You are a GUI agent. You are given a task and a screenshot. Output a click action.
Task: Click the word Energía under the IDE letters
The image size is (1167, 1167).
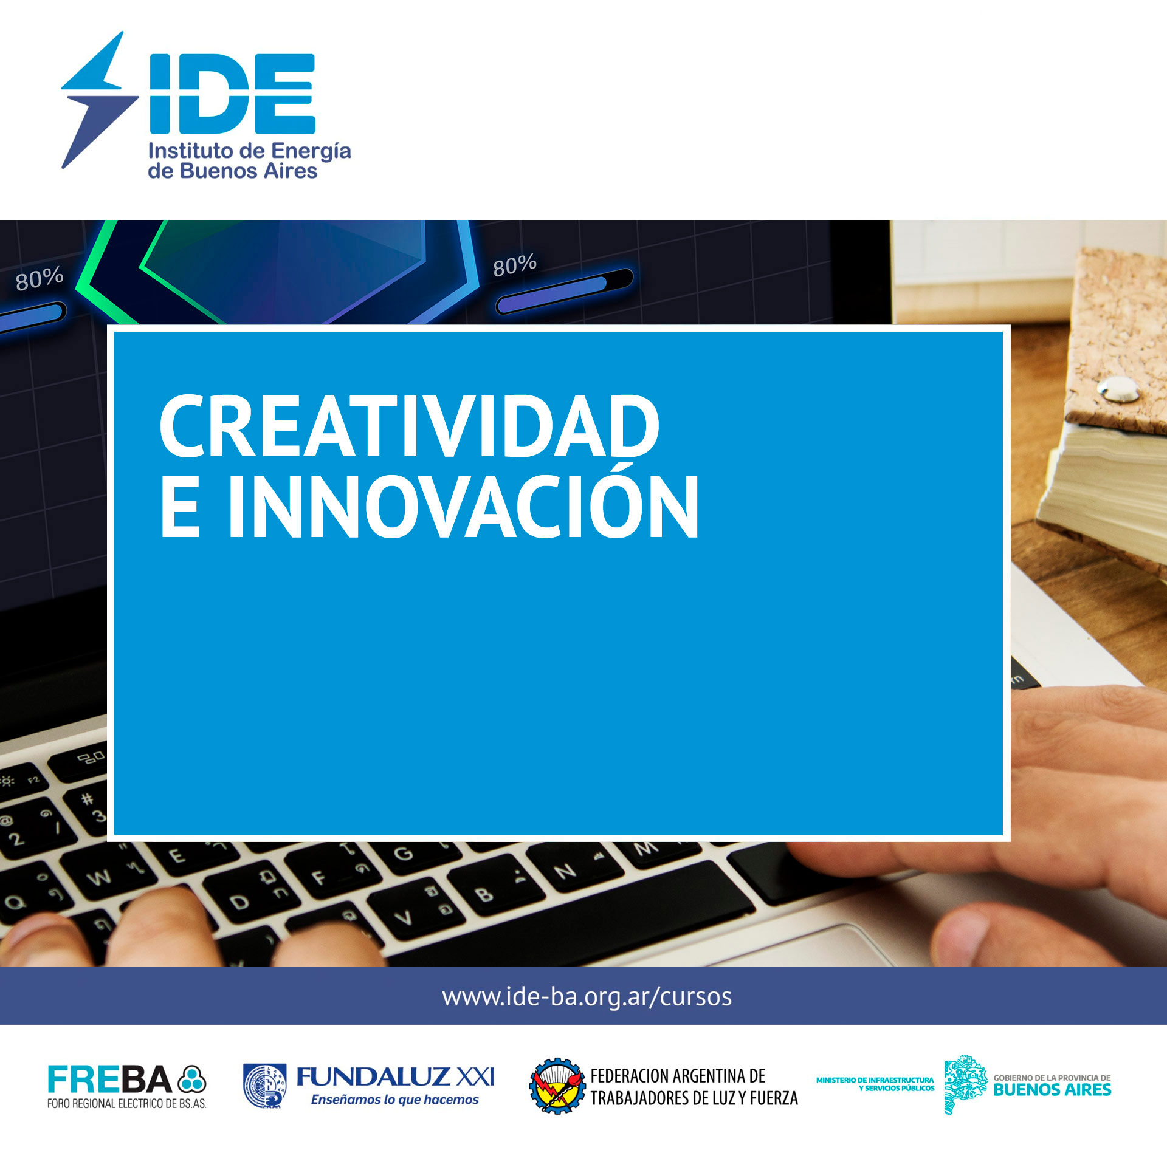(311, 152)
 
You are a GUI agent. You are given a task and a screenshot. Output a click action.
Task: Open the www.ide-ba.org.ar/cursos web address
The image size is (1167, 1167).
(587, 997)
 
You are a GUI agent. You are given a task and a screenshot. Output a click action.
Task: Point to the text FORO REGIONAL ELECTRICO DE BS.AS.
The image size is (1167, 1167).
(126, 1104)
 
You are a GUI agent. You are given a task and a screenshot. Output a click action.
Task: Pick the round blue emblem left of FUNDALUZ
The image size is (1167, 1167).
(266, 1086)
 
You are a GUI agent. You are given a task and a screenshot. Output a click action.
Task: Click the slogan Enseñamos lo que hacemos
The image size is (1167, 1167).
(395, 1100)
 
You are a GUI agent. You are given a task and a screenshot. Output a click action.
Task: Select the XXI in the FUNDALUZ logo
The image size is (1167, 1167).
(475, 1077)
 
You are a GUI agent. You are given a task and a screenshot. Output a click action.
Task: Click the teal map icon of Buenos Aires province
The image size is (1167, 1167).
(965, 1085)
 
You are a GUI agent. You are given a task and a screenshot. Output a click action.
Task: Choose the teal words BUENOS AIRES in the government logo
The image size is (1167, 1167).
(1052, 1090)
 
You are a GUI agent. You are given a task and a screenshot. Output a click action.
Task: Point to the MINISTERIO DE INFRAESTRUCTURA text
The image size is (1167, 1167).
(875, 1080)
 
